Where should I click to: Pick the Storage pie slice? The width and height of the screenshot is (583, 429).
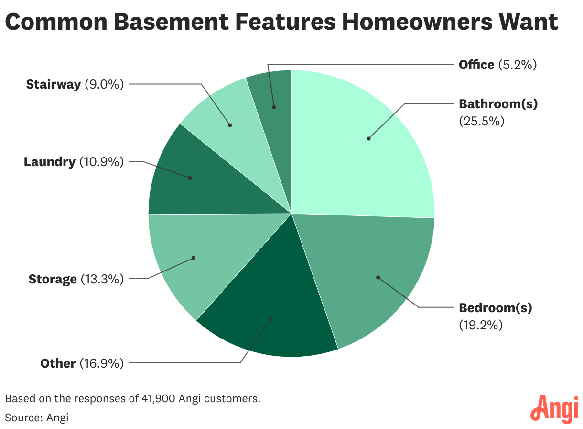tap(186, 259)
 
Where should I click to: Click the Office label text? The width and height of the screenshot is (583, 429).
tap(476, 65)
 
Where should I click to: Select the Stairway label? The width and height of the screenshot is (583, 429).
tap(53, 85)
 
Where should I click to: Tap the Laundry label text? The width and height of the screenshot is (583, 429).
tap(50, 162)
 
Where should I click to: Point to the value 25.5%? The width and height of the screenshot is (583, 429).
tap(482, 121)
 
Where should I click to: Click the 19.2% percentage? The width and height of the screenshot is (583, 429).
tap(481, 325)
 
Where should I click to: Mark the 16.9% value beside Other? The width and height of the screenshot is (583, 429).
tap(102, 363)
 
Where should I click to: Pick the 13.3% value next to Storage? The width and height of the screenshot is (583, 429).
tap(102, 279)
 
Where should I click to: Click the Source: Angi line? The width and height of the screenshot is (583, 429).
tap(37, 418)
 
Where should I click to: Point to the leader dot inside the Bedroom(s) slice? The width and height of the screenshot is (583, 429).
tap(378, 277)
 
